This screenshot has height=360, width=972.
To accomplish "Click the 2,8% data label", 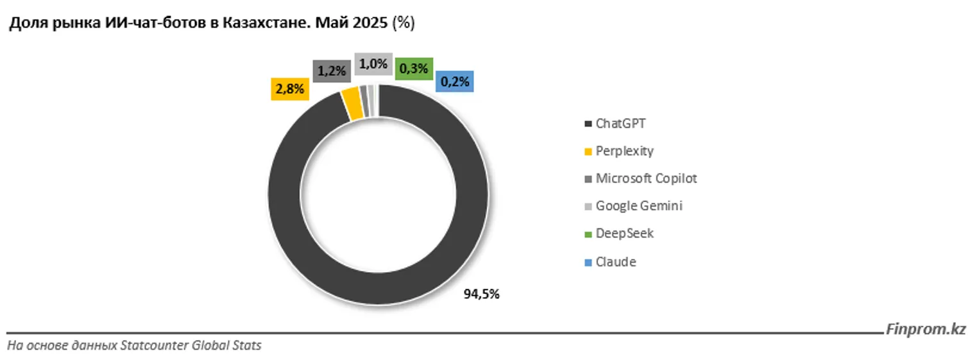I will [x=289, y=90].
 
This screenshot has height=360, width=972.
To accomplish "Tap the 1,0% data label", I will [x=373, y=64].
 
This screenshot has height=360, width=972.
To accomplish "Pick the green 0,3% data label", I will [x=414, y=68].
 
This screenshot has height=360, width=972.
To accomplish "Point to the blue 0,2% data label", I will [x=455, y=81].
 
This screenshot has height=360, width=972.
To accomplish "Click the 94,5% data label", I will [x=481, y=295].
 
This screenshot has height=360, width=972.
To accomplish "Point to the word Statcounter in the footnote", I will [x=152, y=345].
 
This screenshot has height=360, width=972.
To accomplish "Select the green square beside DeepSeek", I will [x=588, y=234].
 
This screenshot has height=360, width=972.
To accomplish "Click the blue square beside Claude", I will [x=588, y=262].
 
